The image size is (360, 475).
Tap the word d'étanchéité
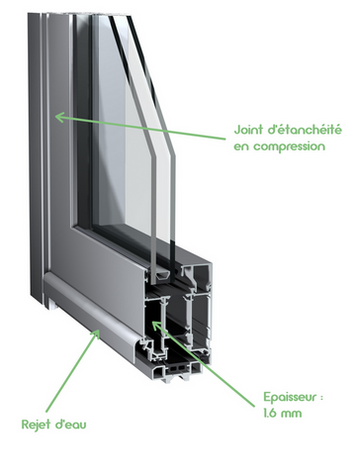tap(304, 130)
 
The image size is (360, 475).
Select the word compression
tap(289, 146)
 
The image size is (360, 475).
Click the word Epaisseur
tap(289, 397)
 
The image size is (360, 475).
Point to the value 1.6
tap(270, 413)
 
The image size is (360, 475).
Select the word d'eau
tap(69, 424)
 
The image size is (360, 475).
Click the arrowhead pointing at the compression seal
tap(58, 117)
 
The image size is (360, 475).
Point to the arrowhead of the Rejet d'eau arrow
tap(96, 333)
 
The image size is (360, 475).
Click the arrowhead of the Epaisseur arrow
tap(155, 326)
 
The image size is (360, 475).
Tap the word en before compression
tap(241, 146)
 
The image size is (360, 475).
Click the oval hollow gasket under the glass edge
tap(163, 276)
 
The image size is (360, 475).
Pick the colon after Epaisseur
tap(320, 398)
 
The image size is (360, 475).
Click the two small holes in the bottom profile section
tap(178, 367)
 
